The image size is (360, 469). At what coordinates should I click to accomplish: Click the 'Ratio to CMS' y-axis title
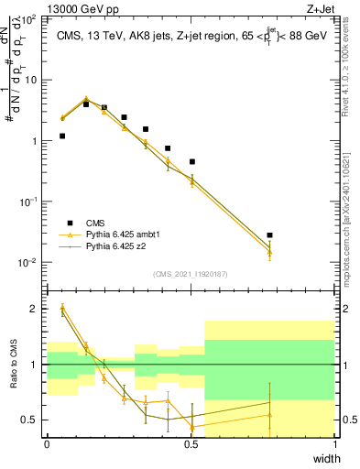13,377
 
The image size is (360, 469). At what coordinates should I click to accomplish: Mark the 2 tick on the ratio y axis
36,309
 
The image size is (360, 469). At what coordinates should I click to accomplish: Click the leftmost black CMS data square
61,136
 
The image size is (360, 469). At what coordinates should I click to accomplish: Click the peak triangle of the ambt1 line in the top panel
86,100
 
